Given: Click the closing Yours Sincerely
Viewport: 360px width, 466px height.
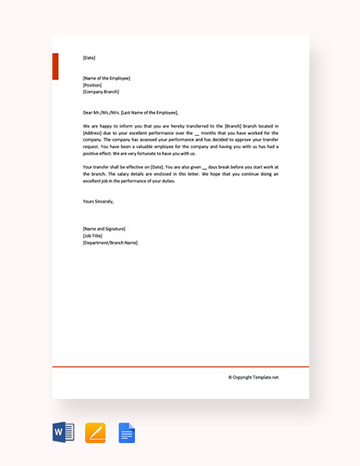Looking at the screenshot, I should pyautogui.click(x=98, y=200).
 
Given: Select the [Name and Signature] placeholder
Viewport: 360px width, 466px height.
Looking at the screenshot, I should pyautogui.click(x=104, y=228).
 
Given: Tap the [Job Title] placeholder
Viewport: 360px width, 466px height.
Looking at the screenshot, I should pyautogui.click(x=92, y=235).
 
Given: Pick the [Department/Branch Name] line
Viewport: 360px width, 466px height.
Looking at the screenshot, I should pyautogui.click(x=110, y=243).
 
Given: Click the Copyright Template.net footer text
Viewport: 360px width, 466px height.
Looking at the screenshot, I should pyautogui.click(x=254, y=377).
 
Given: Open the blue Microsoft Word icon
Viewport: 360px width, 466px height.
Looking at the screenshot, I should pyautogui.click(x=63, y=432).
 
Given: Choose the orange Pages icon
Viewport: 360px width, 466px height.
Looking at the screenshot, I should pyautogui.click(x=95, y=432).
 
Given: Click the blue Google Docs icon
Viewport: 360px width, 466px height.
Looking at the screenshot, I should pyautogui.click(x=127, y=432).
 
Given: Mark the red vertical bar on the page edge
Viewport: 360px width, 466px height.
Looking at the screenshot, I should pyautogui.click(x=56, y=65).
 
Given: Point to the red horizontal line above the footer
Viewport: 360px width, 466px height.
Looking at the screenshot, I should pyautogui.click(x=180, y=367).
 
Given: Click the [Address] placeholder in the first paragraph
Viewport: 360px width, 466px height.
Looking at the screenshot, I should pyautogui.click(x=93, y=133).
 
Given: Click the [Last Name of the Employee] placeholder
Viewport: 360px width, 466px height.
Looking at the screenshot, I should pyautogui.click(x=147, y=112).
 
